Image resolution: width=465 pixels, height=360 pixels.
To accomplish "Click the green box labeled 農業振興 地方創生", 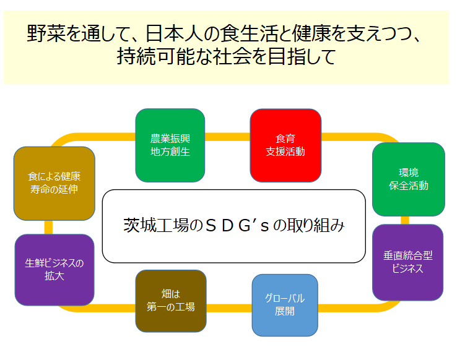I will [170, 145].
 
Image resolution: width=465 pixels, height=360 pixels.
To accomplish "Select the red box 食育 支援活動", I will [285, 145].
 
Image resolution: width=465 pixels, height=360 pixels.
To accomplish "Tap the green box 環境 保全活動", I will [408, 179].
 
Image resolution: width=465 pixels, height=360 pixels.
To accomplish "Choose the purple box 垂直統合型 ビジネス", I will [407, 262].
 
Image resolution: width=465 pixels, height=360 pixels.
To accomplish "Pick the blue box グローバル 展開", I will [285, 304].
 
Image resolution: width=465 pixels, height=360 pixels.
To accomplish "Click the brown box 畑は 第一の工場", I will [170, 301].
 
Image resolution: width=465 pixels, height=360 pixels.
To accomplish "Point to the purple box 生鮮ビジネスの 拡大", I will [54, 269].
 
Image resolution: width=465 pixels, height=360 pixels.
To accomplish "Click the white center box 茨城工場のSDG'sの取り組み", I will [233, 226].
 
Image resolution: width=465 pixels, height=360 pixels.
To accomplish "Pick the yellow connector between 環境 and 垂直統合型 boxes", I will [405, 220].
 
